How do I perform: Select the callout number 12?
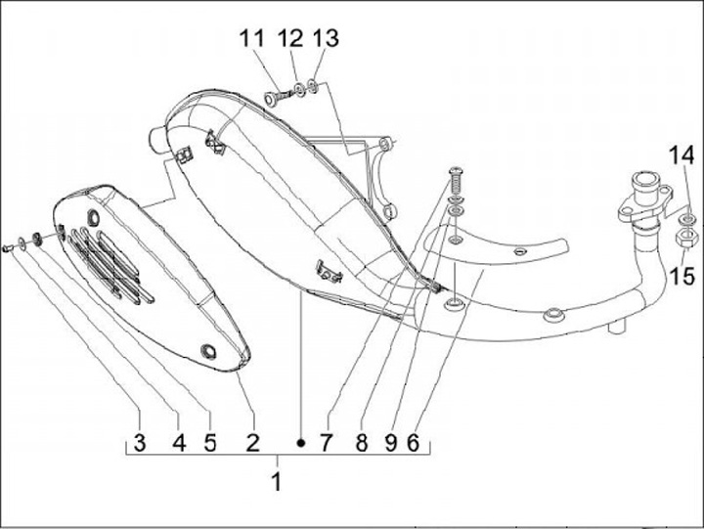click(289, 38)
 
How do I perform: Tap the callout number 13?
click(326, 38)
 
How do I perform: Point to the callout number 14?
click(682, 154)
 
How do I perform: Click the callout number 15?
click(682, 277)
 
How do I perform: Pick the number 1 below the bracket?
click(277, 481)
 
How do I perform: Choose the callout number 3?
click(139, 443)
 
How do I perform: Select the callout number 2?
click(252, 443)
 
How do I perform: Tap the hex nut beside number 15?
click(685, 237)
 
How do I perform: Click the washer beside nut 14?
click(686, 216)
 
